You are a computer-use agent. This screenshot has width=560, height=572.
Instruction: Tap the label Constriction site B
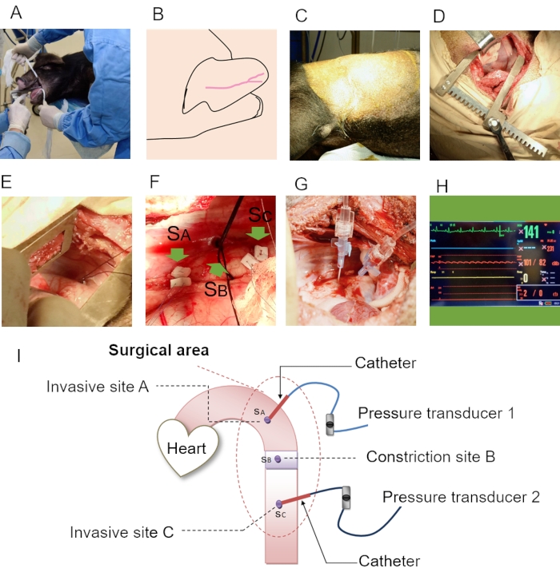coord(430,458)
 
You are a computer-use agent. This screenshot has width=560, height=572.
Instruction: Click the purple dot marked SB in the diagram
coord(278,460)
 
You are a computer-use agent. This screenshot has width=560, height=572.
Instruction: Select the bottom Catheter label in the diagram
coord(389,561)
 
